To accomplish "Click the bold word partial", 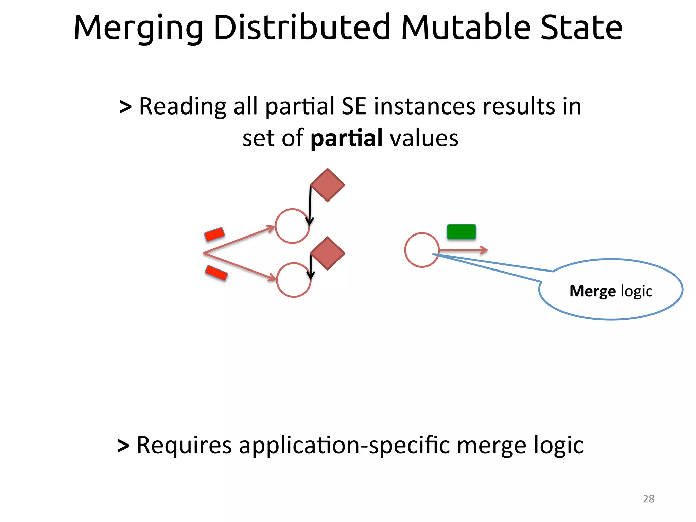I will [347, 139].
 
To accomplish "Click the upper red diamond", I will [328, 185].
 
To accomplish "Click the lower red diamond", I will [328, 254].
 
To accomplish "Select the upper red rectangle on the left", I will [214, 234].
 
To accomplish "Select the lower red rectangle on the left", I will [216, 273].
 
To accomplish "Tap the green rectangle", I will [461, 232].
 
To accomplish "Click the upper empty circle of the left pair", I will [292, 226].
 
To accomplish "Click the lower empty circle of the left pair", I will [293, 280].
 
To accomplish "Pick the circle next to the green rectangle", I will [422, 250].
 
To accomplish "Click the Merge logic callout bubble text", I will [611, 291].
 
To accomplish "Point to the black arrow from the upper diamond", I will [310, 204].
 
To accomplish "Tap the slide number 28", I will [648, 499].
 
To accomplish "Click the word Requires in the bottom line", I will [184, 445].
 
